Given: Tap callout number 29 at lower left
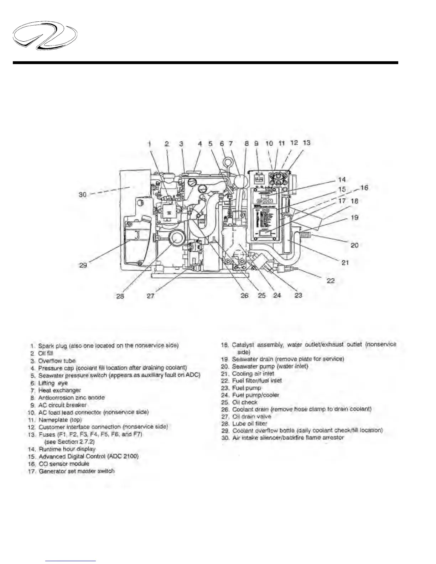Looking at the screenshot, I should [83, 265].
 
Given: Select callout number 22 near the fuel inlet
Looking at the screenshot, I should [331, 281].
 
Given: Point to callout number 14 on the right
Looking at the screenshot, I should [342, 179].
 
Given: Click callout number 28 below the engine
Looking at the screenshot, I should [120, 296].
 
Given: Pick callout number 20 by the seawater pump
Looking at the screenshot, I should [354, 245].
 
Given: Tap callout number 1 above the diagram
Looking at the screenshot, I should [150, 143].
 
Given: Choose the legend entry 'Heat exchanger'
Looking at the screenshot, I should [59, 390].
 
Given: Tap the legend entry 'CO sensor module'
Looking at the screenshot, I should [64, 464].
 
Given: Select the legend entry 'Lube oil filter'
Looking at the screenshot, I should [249, 423].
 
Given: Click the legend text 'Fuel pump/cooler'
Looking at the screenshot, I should [255, 395].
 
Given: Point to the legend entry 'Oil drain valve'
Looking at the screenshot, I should [251, 416].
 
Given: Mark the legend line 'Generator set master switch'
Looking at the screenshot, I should [77, 471].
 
